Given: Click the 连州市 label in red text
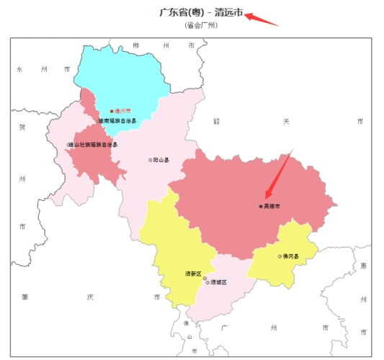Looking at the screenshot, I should click(x=124, y=112).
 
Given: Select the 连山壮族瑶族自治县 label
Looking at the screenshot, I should click(x=94, y=145).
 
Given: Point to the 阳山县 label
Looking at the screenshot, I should click(x=161, y=160).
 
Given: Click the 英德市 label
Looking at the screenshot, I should click(x=272, y=207).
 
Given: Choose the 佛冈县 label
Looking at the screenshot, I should click(x=290, y=256).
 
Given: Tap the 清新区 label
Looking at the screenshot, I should click(x=192, y=274).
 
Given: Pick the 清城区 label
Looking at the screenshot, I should click(x=218, y=282).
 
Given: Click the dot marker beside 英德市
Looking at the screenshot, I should click(x=261, y=207).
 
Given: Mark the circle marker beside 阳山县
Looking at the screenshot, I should click(x=151, y=160).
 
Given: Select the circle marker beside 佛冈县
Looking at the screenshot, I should click(x=280, y=256).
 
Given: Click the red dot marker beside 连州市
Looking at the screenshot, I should click(x=112, y=112).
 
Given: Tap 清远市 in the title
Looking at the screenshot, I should click(x=229, y=13).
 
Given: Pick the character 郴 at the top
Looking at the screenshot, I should click(x=136, y=45).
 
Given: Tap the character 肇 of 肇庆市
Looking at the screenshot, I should click(x=24, y=297).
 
